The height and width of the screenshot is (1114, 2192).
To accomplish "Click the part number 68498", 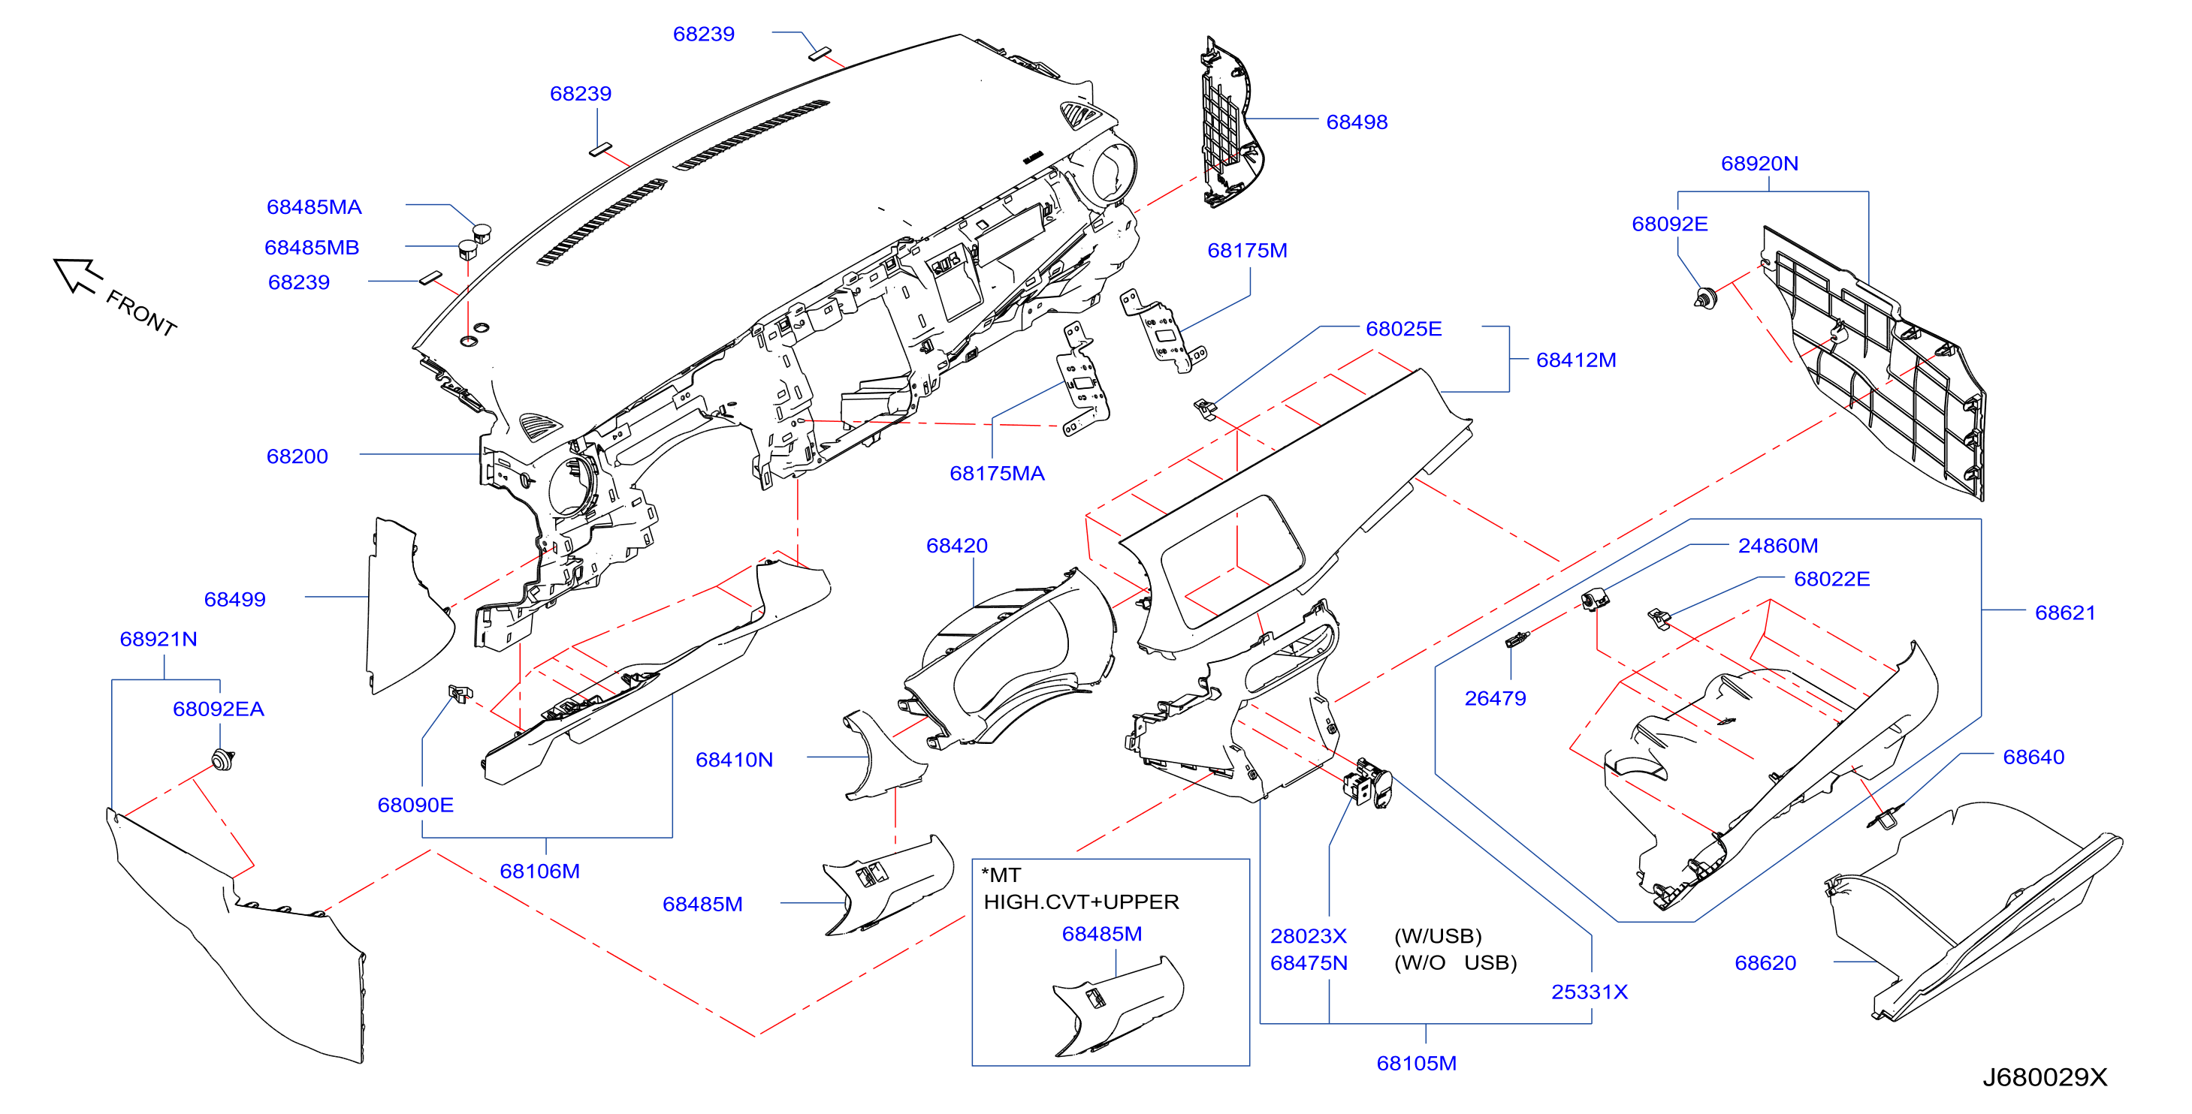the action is click(1357, 122).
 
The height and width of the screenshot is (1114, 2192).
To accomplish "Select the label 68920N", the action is click(1759, 164).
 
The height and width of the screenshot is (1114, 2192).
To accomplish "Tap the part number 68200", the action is click(297, 456).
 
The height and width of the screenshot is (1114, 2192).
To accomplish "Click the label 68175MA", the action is click(996, 474).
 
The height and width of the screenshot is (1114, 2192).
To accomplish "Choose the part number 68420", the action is click(956, 546).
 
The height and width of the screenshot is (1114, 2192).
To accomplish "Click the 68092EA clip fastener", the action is click(222, 760).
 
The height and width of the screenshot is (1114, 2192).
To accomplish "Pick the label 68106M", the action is click(539, 872).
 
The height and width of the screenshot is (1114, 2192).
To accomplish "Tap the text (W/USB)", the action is click(1437, 936).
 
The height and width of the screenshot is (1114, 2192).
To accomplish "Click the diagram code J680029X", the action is click(2044, 1077).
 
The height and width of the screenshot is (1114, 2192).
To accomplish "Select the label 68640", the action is click(2033, 757).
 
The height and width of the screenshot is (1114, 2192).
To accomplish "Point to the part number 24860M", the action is click(1777, 546).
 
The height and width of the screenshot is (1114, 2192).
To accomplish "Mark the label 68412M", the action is click(1576, 360).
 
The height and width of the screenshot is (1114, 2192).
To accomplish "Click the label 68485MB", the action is click(312, 248).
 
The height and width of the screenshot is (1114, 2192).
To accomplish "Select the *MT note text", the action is click(1001, 875).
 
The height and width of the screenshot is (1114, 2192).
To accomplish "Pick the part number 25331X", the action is click(1589, 992).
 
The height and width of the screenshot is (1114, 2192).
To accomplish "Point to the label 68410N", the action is click(733, 760).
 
